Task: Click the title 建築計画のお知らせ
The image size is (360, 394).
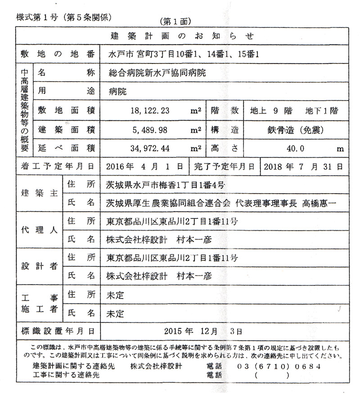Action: (x=182, y=36)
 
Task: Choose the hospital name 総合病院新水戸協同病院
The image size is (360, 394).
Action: (x=157, y=72)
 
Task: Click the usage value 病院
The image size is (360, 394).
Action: (x=118, y=91)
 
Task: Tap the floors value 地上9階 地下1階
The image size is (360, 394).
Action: (x=294, y=111)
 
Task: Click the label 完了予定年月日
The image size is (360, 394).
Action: (x=224, y=166)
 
